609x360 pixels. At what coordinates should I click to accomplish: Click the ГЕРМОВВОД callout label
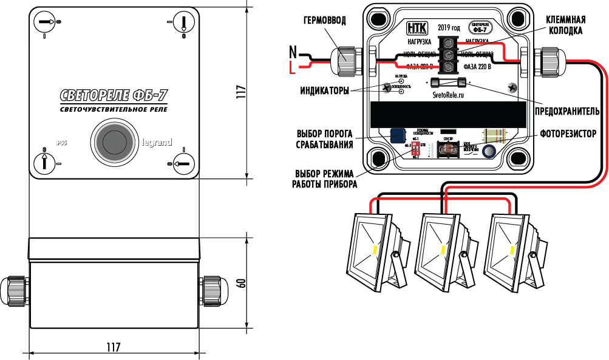[x=325, y=21]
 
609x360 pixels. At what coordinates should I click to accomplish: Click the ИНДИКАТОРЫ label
[x=325, y=92]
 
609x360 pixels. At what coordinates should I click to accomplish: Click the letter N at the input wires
[x=292, y=51]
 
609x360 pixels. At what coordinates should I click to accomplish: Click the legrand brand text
[x=157, y=143]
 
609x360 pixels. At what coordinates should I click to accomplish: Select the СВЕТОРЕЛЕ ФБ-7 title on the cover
[x=114, y=95]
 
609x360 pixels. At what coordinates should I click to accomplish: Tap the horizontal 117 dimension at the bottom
[x=113, y=348]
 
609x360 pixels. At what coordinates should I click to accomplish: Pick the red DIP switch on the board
[x=417, y=149]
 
